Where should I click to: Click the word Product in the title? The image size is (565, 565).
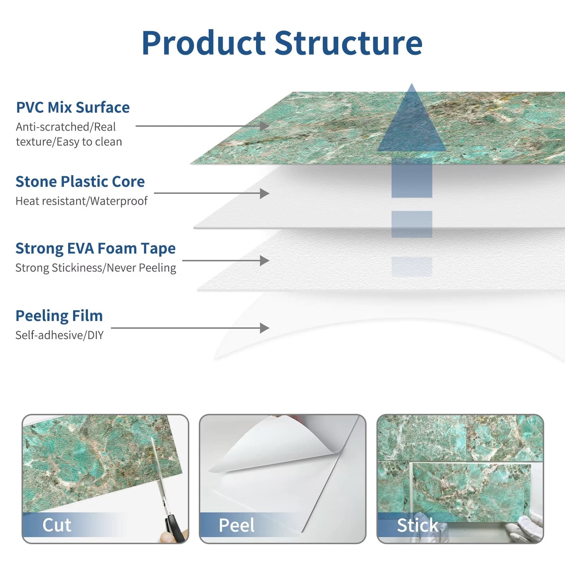tap(203, 43)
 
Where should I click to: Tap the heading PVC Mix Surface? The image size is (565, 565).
tap(73, 107)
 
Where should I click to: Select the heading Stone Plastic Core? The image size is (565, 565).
tap(80, 182)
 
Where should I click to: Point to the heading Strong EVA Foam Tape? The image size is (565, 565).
tap(95, 249)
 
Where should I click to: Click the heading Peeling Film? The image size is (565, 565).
tap(59, 316)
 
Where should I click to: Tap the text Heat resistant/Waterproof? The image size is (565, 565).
tap(81, 201)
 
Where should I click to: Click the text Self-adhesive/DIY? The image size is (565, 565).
tap(59, 335)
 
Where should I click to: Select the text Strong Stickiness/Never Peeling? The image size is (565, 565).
tap(95, 268)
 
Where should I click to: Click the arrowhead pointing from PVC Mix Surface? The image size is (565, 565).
tap(264, 126)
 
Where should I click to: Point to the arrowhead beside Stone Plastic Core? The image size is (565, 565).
tap(264, 193)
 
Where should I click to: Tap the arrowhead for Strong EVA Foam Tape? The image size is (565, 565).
tap(264, 261)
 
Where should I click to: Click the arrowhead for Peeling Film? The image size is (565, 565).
tap(264, 328)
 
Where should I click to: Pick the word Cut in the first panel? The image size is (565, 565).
tap(57, 525)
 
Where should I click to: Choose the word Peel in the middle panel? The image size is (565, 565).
tap(236, 525)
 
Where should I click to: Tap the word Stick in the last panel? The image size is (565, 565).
tap(417, 525)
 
